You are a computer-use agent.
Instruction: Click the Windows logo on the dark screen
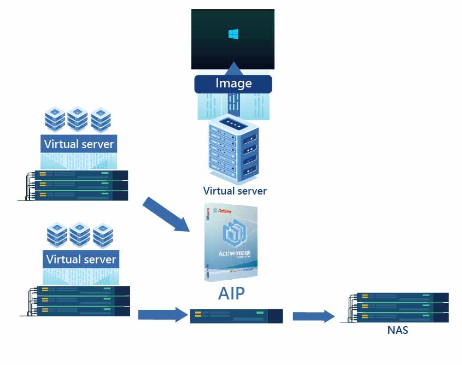pos(233,34)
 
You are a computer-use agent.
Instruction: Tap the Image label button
pos(233,84)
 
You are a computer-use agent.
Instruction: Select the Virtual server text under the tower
pos(235,191)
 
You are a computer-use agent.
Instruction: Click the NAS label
pos(397,331)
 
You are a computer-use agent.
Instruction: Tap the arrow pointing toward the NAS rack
pos(313,316)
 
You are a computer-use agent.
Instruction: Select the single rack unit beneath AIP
pos(236,316)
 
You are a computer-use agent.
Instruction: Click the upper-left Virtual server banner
pos(79,144)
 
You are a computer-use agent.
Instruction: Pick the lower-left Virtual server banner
pos(81,259)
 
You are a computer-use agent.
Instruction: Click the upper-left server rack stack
pos(77,185)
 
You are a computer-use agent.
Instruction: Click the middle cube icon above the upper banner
pos(78,118)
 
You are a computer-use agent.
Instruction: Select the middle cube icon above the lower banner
pos(80,234)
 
